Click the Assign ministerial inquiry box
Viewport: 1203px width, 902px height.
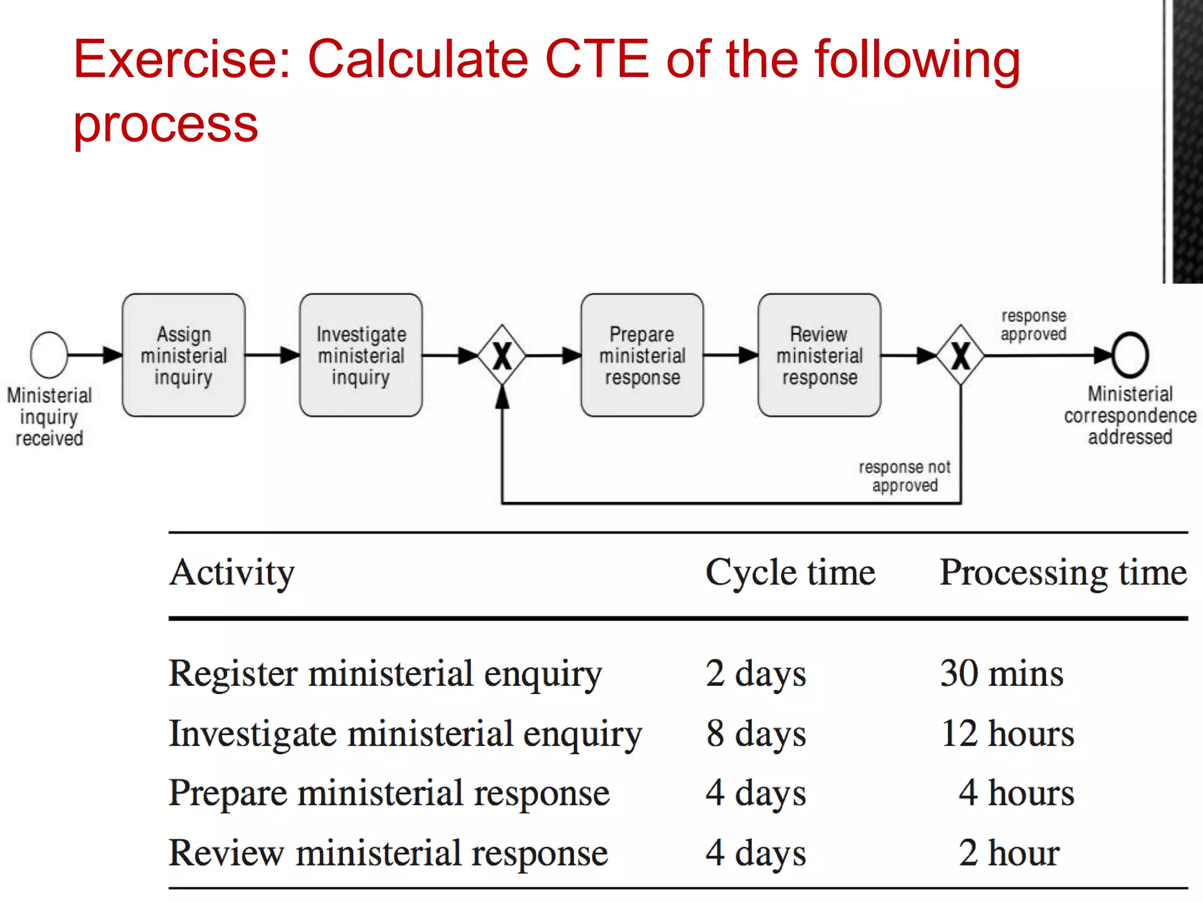[x=183, y=355]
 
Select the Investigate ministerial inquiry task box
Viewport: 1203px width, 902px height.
[x=361, y=355]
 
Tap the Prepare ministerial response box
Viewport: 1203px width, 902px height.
[x=642, y=355]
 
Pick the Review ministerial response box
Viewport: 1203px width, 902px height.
[x=819, y=355]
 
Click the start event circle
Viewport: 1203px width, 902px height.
[x=49, y=355]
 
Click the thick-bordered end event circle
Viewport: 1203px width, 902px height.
[x=1130, y=355]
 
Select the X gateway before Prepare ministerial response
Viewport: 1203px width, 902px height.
[x=502, y=355]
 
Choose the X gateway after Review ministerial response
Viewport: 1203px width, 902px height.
[x=960, y=355]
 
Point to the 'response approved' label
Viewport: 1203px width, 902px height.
[x=1033, y=325]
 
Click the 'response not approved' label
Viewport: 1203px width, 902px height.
[x=905, y=476]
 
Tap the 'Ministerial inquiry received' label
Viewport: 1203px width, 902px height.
[x=49, y=416]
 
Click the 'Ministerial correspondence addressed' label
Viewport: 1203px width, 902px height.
[x=1130, y=415]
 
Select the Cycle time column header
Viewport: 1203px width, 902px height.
[x=790, y=573]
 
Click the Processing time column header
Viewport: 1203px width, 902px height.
[x=1063, y=573]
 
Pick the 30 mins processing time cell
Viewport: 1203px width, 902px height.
[x=1002, y=673]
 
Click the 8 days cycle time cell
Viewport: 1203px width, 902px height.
[x=756, y=733]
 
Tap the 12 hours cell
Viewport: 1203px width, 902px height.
[x=1007, y=733]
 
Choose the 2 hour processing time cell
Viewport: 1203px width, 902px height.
[x=1009, y=853]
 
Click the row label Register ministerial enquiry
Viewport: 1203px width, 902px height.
[x=385, y=674]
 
